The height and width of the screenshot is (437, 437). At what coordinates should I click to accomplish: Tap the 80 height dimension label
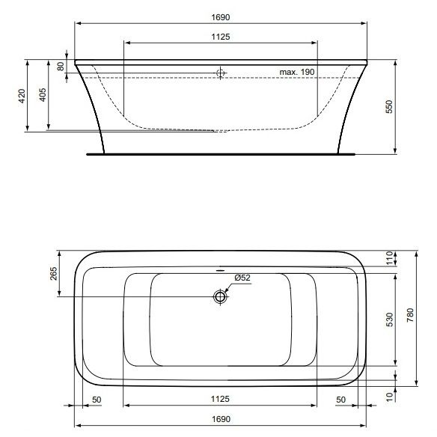[61, 66]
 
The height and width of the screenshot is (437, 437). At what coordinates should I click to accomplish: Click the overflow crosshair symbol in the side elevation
[220, 73]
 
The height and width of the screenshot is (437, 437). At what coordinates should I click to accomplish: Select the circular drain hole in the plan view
[220, 297]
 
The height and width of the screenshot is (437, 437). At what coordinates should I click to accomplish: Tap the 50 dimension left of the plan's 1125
[97, 400]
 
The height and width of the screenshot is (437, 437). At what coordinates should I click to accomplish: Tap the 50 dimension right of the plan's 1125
[341, 400]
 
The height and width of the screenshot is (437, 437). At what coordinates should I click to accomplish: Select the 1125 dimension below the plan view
[219, 400]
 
